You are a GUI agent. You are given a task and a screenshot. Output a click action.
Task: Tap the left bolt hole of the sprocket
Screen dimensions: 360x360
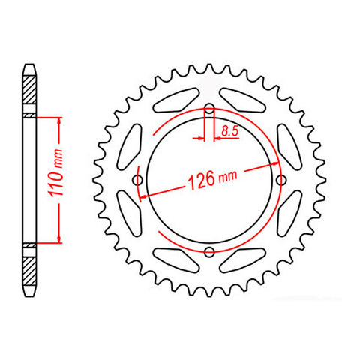tap(137, 180)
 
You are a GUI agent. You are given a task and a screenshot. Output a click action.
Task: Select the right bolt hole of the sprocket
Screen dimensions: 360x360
tap(281, 180)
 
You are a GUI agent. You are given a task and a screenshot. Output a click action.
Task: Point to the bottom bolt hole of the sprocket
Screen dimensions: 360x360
tap(209, 251)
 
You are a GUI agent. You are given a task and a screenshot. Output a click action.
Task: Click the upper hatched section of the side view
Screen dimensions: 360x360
tap(28, 92)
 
